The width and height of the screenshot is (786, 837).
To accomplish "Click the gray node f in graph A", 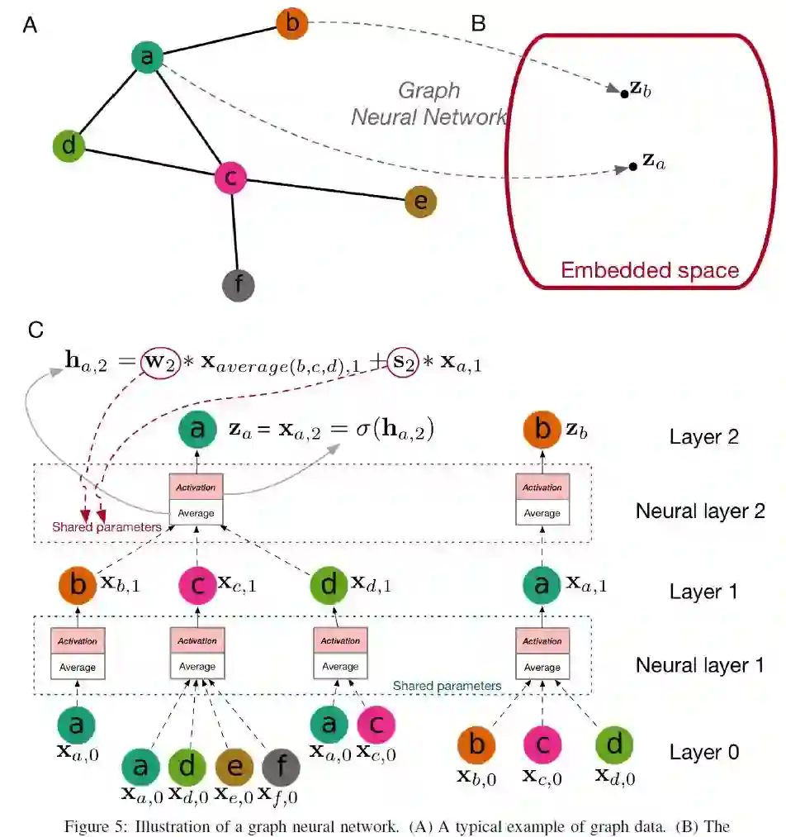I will (x=239, y=285).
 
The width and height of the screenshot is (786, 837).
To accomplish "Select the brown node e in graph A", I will (x=420, y=201).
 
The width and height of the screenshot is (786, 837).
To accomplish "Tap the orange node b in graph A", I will (x=291, y=23).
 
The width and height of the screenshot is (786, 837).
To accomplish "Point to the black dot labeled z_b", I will (x=624, y=93).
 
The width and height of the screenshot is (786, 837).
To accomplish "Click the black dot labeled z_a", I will (x=632, y=166).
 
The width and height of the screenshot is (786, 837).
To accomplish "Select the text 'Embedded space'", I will (x=649, y=270).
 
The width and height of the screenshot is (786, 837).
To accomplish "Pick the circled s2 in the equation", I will (x=405, y=361).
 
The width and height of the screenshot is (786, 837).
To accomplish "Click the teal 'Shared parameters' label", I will (x=447, y=686).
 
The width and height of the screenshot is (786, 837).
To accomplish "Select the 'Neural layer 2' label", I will (x=700, y=511).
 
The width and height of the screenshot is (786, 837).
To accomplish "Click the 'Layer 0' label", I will (x=704, y=752).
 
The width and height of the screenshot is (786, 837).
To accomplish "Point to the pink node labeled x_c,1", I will (x=197, y=586).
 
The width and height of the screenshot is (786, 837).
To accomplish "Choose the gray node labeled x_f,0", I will (x=281, y=768).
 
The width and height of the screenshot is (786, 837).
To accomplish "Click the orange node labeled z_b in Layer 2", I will (x=542, y=430).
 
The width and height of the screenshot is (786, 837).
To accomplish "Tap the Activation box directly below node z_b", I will (x=542, y=487).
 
